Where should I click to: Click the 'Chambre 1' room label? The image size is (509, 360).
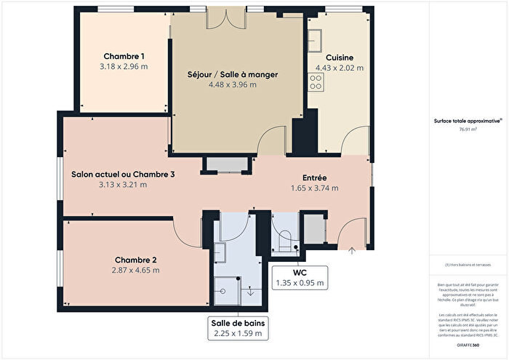click(x=124, y=56)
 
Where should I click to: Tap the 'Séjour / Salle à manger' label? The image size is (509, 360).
click(x=233, y=75)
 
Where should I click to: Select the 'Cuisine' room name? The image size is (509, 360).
click(x=340, y=57)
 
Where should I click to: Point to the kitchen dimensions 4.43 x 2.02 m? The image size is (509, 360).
click(x=340, y=68)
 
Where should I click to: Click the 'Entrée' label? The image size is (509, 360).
click(x=314, y=177)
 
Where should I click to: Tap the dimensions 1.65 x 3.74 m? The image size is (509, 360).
click(x=314, y=188)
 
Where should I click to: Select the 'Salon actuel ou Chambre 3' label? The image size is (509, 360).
click(x=123, y=175)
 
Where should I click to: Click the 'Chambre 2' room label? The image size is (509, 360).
click(x=135, y=260)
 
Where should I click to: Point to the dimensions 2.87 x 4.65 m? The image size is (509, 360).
click(x=135, y=270)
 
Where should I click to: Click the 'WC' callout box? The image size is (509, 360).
click(x=300, y=277)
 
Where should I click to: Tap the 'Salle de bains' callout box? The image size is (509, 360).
click(x=237, y=328)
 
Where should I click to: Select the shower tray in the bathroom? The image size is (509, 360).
click(x=226, y=289)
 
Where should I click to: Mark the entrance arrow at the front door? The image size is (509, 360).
click(x=353, y=251)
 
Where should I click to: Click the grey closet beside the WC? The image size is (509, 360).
click(x=314, y=228)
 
